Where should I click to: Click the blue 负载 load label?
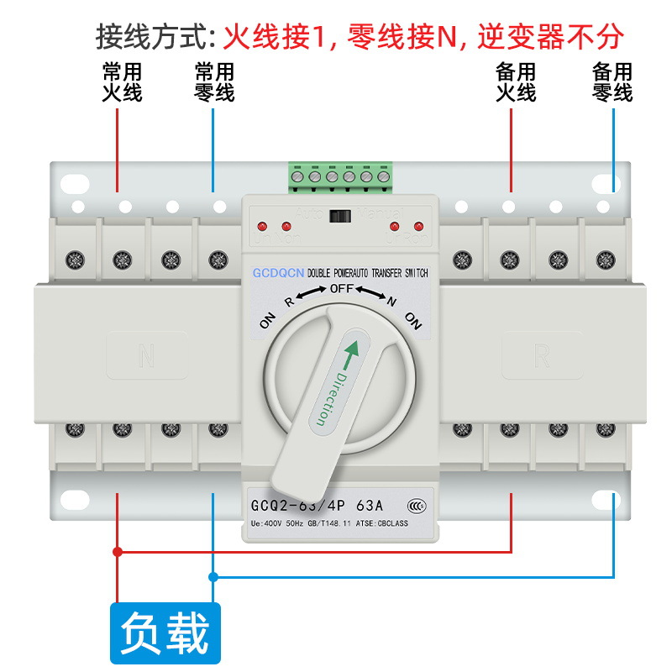(165, 633)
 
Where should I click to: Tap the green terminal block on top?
(340, 176)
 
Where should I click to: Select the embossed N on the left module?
(146, 357)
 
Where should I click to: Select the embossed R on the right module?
(542, 357)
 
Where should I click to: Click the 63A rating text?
(370, 506)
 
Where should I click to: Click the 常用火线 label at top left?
(122, 81)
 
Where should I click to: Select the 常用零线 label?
(214, 81)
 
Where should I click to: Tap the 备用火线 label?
(516, 81)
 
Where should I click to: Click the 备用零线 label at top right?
(612, 81)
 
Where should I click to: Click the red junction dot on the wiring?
(118, 552)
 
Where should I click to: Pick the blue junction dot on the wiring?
(213, 577)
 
